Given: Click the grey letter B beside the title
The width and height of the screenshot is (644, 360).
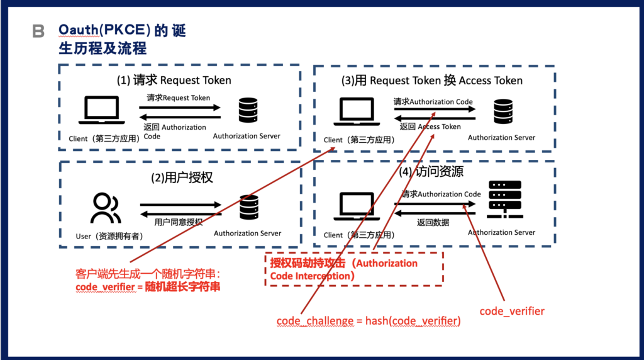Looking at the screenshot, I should (38, 31).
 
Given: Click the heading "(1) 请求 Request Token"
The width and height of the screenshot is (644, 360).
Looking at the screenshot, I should (174, 80).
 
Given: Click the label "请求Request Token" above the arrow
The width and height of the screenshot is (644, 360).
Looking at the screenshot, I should (179, 98).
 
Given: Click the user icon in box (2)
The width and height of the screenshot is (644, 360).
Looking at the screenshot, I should (105, 208).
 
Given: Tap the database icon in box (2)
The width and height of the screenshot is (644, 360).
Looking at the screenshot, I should (249, 207).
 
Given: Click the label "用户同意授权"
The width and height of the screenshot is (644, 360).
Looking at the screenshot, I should (179, 222).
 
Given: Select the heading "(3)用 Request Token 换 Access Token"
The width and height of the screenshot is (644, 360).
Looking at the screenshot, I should (432, 80).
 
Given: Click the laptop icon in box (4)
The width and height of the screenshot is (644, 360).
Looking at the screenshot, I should (355, 205).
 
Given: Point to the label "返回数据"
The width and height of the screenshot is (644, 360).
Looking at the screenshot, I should (433, 222).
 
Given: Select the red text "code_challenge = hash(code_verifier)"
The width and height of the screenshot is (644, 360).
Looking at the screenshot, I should (369, 321).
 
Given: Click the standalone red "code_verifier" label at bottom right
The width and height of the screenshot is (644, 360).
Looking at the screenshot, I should (512, 311).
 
